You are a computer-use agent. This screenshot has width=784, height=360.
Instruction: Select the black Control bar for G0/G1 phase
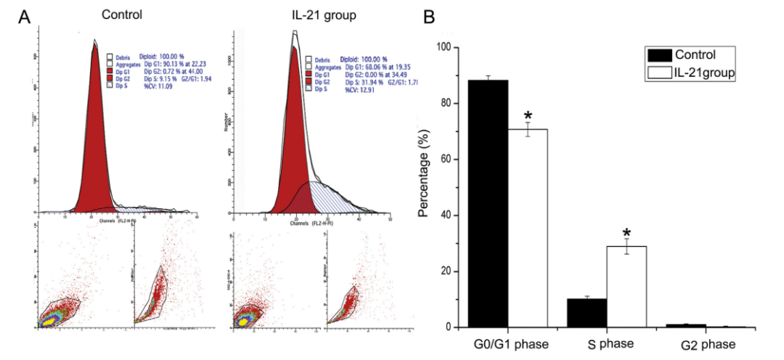(487, 203)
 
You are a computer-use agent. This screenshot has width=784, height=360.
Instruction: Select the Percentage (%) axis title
(423, 188)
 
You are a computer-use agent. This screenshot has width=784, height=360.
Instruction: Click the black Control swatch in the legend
(658, 55)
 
